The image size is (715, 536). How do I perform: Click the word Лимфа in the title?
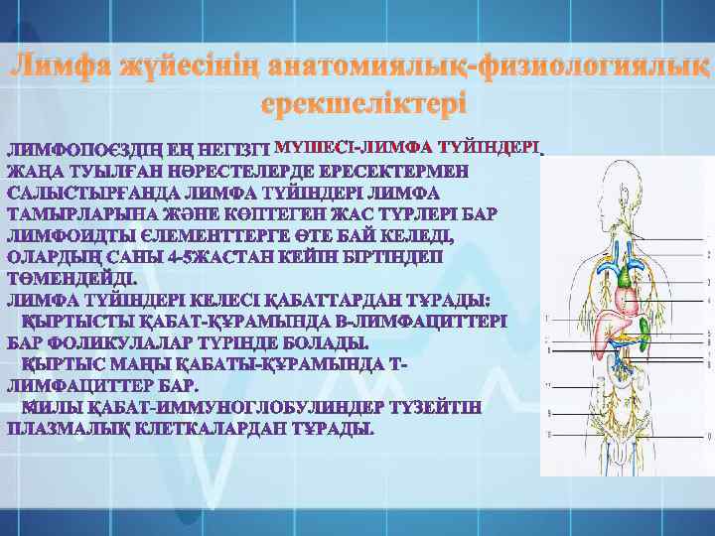coord(62,69)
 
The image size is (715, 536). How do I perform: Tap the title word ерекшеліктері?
coord(357,103)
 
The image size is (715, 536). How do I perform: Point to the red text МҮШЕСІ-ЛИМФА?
coord(343,148)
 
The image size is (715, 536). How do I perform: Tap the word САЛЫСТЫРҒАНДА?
coord(94,192)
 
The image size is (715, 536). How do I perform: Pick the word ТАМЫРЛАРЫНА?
coord(82,213)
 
